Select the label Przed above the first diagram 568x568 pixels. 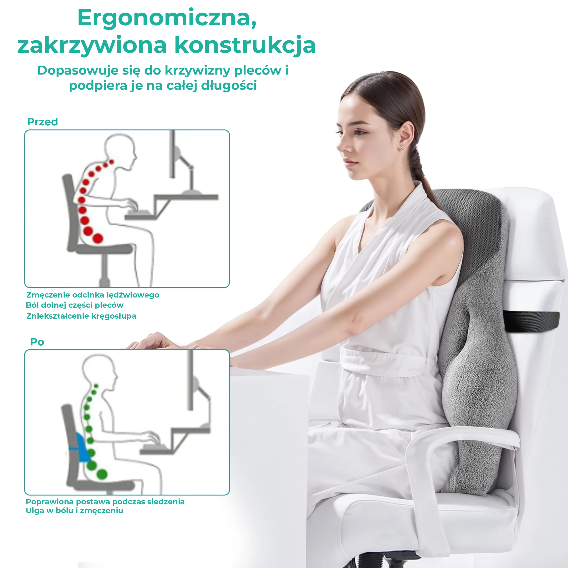click(x=43, y=122)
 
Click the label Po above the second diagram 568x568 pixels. click(x=37, y=342)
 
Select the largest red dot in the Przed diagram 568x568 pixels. click(x=98, y=238)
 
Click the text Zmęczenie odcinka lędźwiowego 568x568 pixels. click(x=93, y=295)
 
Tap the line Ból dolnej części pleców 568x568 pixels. click(x=75, y=305)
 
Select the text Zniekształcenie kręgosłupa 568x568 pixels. click(x=81, y=316)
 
